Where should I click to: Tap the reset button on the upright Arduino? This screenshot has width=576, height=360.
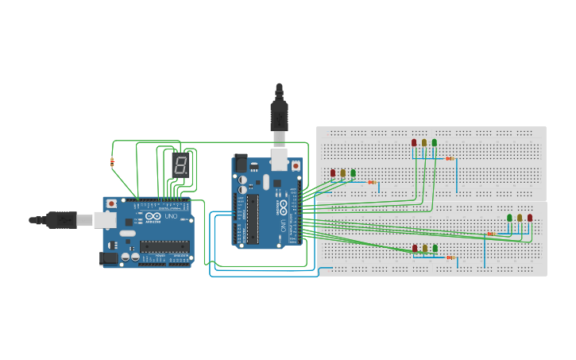296,165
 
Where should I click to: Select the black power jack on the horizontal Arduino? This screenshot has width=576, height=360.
106,257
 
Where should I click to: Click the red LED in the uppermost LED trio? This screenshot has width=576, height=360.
414,143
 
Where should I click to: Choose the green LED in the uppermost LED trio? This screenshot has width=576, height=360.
434,143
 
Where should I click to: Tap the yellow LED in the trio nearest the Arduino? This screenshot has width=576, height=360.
342,172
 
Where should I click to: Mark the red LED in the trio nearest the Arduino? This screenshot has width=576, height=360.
333,172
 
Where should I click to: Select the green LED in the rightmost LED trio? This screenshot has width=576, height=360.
509,218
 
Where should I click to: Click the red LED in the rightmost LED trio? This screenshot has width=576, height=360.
530,218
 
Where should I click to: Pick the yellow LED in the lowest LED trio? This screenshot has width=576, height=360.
424,249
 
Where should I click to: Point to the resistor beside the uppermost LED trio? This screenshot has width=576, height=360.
450,159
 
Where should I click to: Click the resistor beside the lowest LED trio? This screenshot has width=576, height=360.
450,257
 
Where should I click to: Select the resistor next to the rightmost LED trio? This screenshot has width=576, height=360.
490,234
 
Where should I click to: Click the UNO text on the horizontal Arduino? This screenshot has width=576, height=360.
170,216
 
